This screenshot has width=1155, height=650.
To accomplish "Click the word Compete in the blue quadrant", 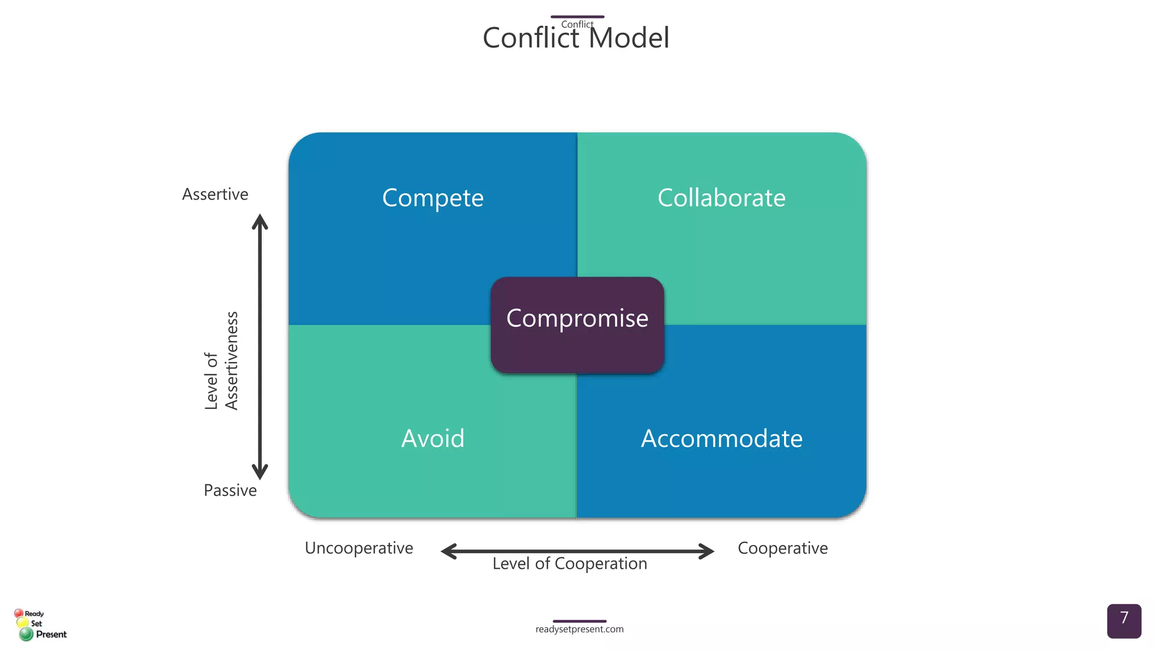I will pyautogui.click(x=433, y=198).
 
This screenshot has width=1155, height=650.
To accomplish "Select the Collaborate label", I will pyautogui.click(x=721, y=198).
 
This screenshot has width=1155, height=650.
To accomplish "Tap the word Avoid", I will pyautogui.click(x=433, y=438).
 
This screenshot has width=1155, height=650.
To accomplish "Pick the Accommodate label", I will pyautogui.click(x=721, y=438).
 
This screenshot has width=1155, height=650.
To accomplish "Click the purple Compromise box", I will pyautogui.click(x=577, y=325).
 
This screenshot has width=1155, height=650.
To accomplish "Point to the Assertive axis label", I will pyautogui.click(x=215, y=194).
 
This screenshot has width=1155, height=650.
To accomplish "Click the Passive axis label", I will pyautogui.click(x=230, y=490).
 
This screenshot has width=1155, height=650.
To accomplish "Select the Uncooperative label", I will pyautogui.click(x=359, y=548).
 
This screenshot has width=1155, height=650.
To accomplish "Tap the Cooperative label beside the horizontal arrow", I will pyautogui.click(x=782, y=548).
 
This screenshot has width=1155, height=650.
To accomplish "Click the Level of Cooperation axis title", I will pyautogui.click(x=570, y=564).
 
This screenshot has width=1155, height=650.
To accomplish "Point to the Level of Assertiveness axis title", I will pyautogui.click(x=221, y=361).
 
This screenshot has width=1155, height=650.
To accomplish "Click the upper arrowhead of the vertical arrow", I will pyautogui.click(x=259, y=221).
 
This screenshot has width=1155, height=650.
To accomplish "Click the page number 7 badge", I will pyautogui.click(x=1123, y=621).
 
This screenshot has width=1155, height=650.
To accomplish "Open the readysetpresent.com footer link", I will pyautogui.click(x=579, y=629).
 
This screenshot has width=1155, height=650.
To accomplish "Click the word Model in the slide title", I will pyautogui.click(x=628, y=38).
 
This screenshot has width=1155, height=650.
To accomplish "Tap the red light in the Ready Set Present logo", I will pyautogui.click(x=19, y=613).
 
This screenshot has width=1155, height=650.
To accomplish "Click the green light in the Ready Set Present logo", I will pyautogui.click(x=26, y=635).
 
